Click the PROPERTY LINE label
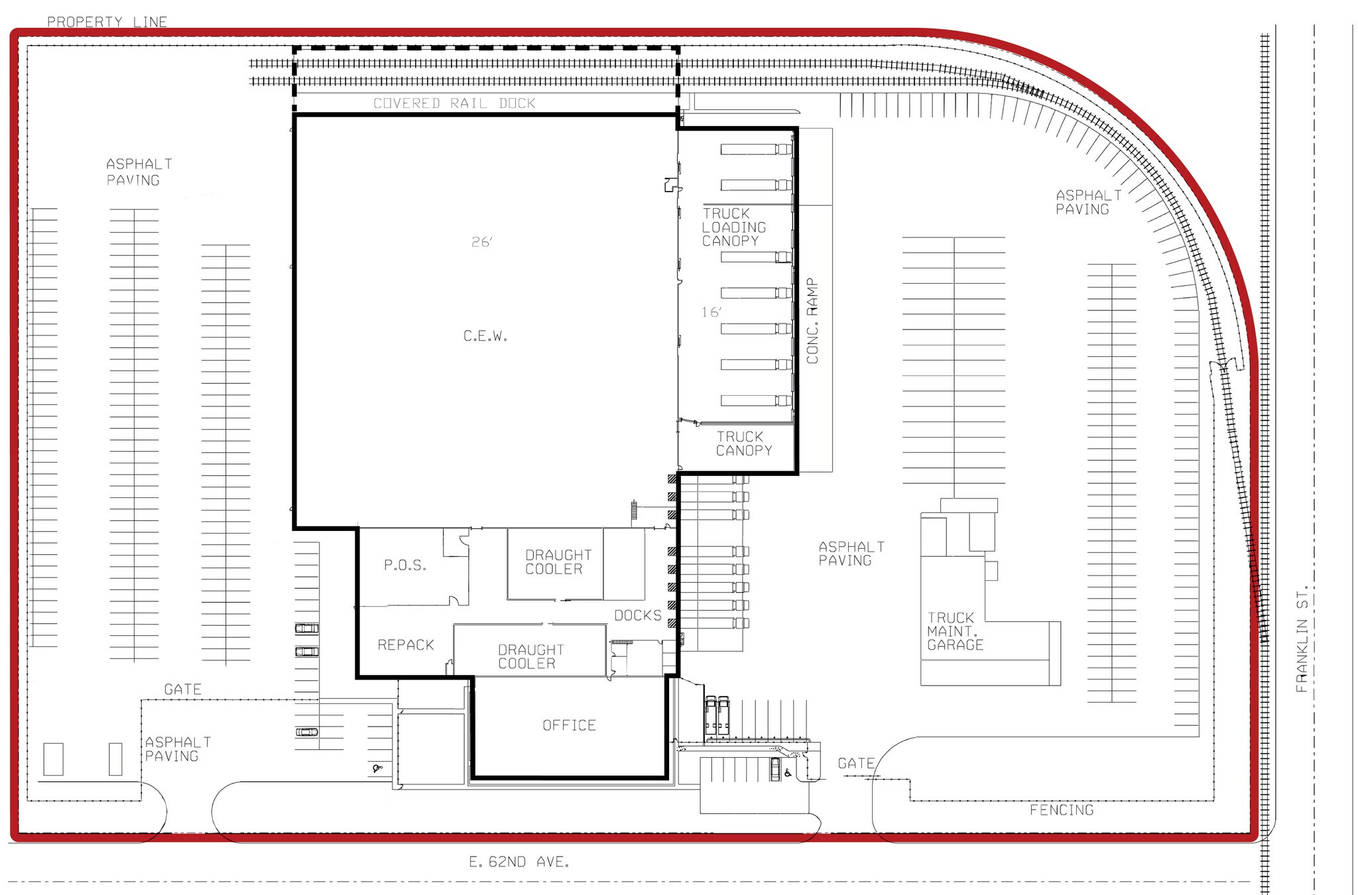click(x=107, y=22)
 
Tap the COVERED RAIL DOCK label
click(x=454, y=103)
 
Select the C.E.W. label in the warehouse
click(x=485, y=337)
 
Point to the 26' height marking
click(x=482, y=243)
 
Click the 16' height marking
click(x=711, y=312)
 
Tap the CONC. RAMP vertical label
click(x=813, y=321)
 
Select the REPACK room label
click(x=406, y=645)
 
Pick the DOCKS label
click(x=638, y=616)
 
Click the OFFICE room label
click(x=569, y=726)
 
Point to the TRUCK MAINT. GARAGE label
click(x=955, y=631)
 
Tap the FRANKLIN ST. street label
click(x=1302, y=638)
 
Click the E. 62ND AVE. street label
click(x=519, y=863)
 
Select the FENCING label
click(x=1061, y=810)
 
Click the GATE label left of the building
click(x=182, y=690)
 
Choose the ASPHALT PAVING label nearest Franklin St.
click(x=1088, y=202)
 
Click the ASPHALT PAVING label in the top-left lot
click(x=139, y=172)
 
